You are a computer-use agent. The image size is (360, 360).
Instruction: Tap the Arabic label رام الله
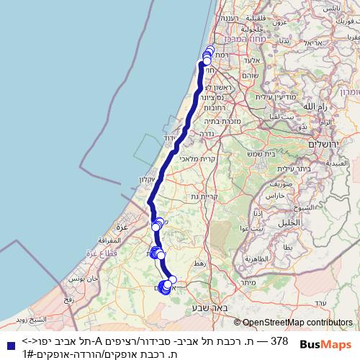point(312,106)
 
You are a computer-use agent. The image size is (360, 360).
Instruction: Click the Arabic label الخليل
point(289,222)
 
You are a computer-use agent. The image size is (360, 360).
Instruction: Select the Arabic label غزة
point(122,226)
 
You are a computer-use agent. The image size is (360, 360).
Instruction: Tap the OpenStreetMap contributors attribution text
point(297,323)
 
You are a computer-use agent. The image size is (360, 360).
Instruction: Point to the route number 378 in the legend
point(279,341)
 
